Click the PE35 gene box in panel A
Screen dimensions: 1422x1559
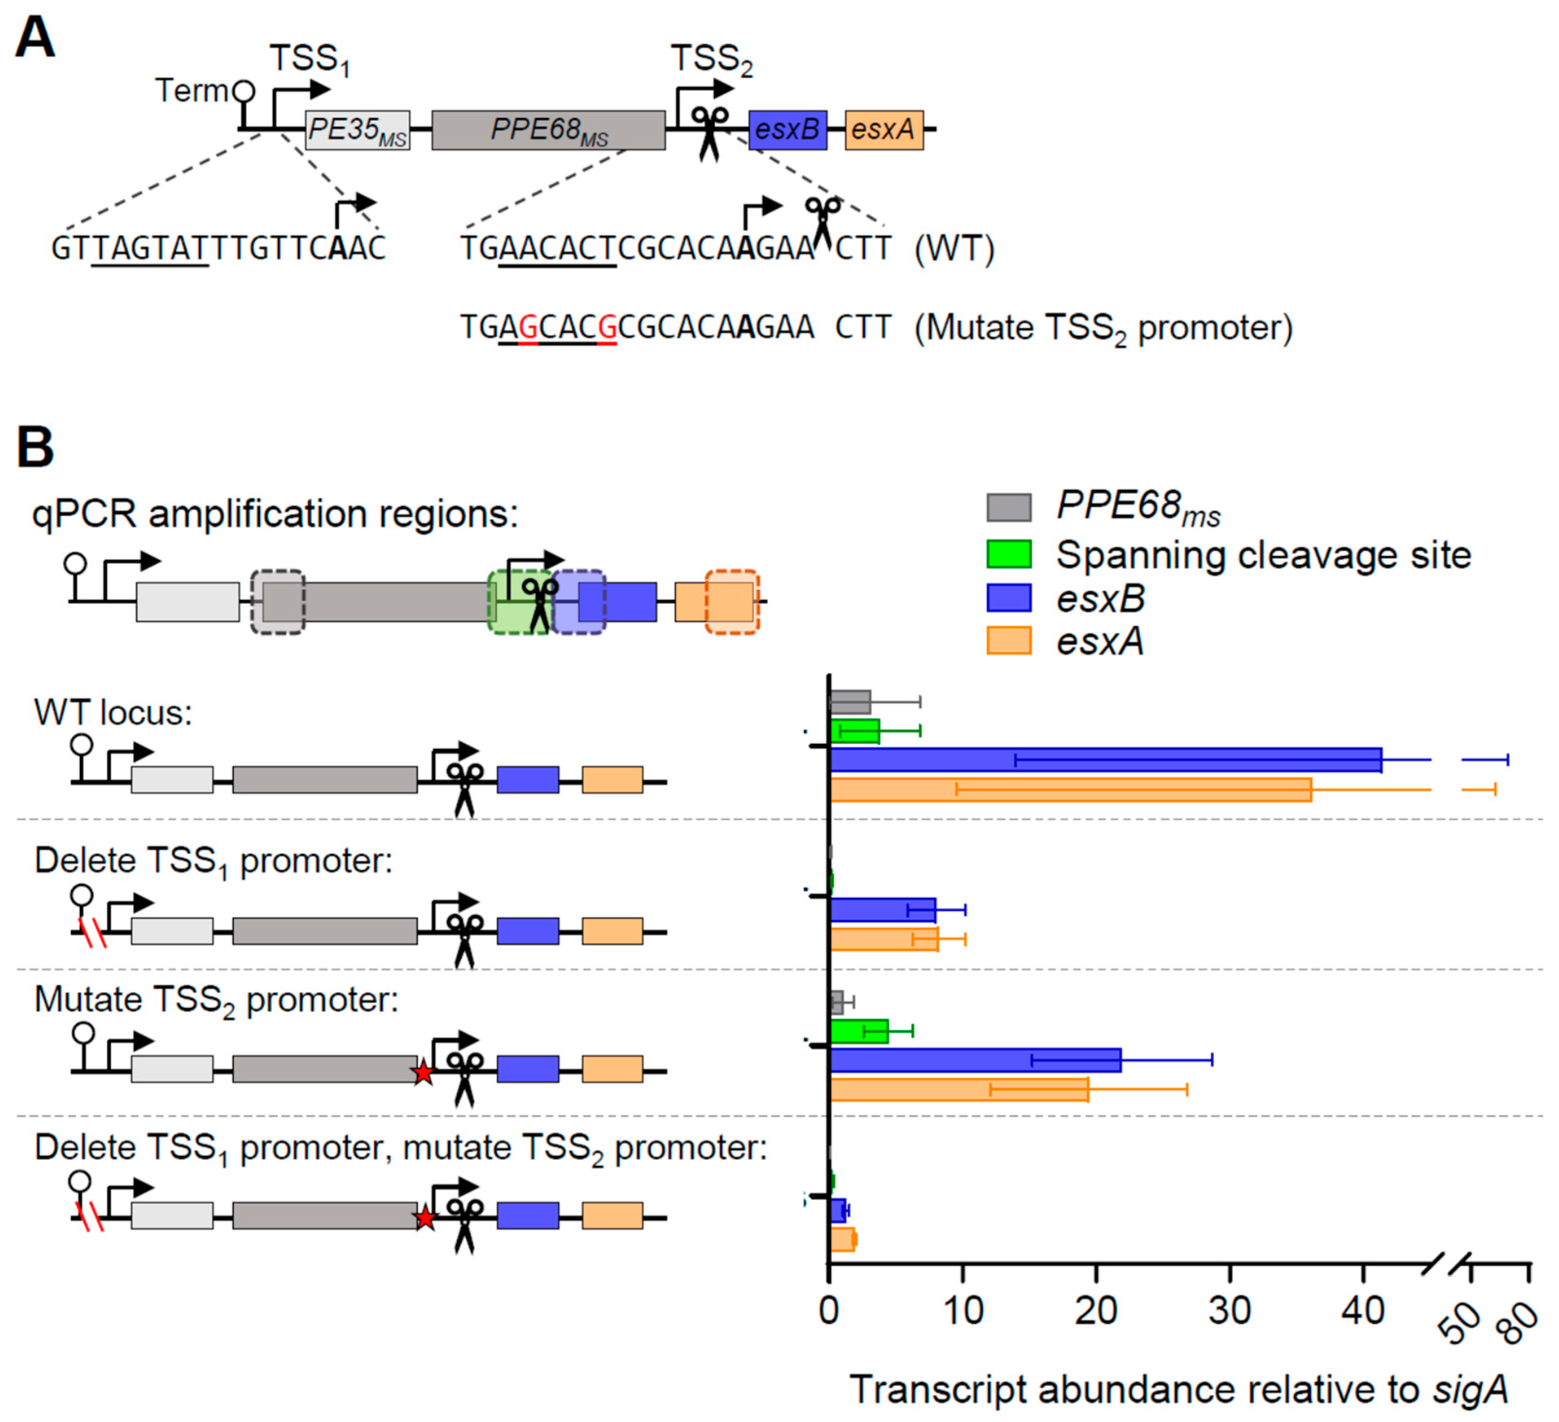click(357, 130)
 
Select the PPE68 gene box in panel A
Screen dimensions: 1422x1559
click(548, 130)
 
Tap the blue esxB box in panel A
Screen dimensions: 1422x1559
click(787, 130)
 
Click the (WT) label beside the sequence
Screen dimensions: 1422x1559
click(954, 249)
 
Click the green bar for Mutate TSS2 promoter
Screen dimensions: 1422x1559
click(858, 1031)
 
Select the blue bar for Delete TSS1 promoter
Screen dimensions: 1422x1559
click(883, 909)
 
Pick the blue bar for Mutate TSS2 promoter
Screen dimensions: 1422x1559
click(975, 1059)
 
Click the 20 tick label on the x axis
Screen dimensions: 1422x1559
click(1096, 1311)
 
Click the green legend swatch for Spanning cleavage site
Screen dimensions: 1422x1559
click(1008, 554)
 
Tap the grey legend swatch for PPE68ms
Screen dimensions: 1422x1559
click(1008, 508)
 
